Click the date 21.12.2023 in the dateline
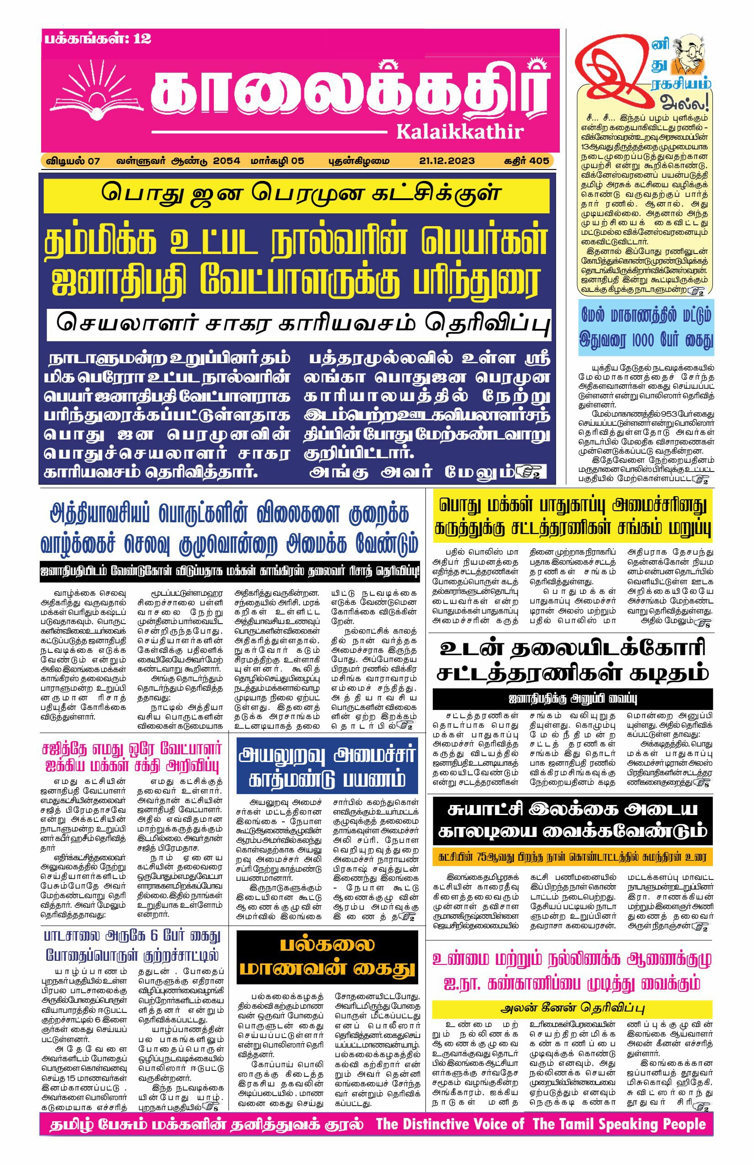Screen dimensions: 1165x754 pos(446,161)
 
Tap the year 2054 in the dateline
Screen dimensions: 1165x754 pos(226,161)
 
